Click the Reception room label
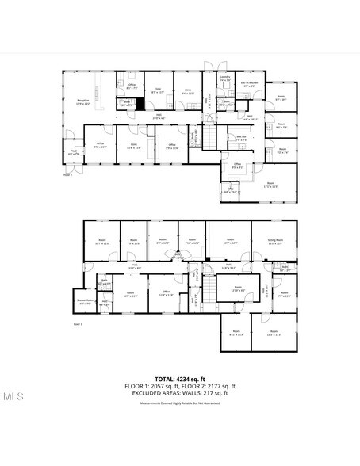82,102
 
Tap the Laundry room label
224,78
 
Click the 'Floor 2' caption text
67,176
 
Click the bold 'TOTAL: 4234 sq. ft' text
180,380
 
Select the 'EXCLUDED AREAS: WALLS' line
180,393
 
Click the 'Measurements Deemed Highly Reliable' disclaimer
180,403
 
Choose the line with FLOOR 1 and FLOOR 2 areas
180,386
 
